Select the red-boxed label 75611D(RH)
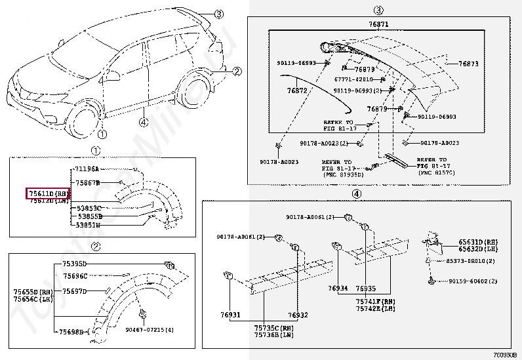click(x=48, y=193)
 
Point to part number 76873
click(x=468, y=64)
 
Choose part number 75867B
click(x=88, y=183)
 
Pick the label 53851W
click(x=89, y=224)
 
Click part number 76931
click(x=230, y=315)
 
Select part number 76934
click(x=338, y=289)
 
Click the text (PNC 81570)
click(x=435, y=172)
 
